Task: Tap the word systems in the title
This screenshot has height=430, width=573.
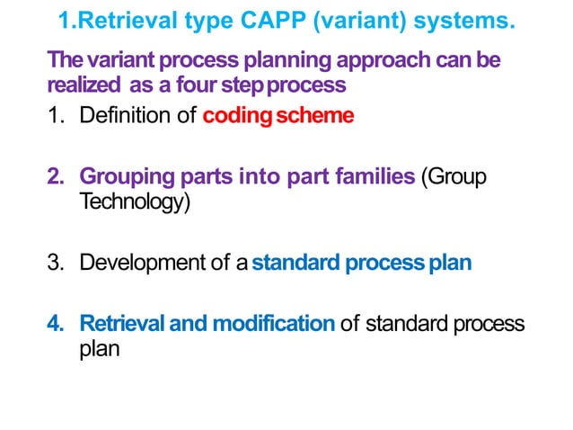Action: (459, 20)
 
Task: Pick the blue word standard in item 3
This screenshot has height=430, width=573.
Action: (296, 264)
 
